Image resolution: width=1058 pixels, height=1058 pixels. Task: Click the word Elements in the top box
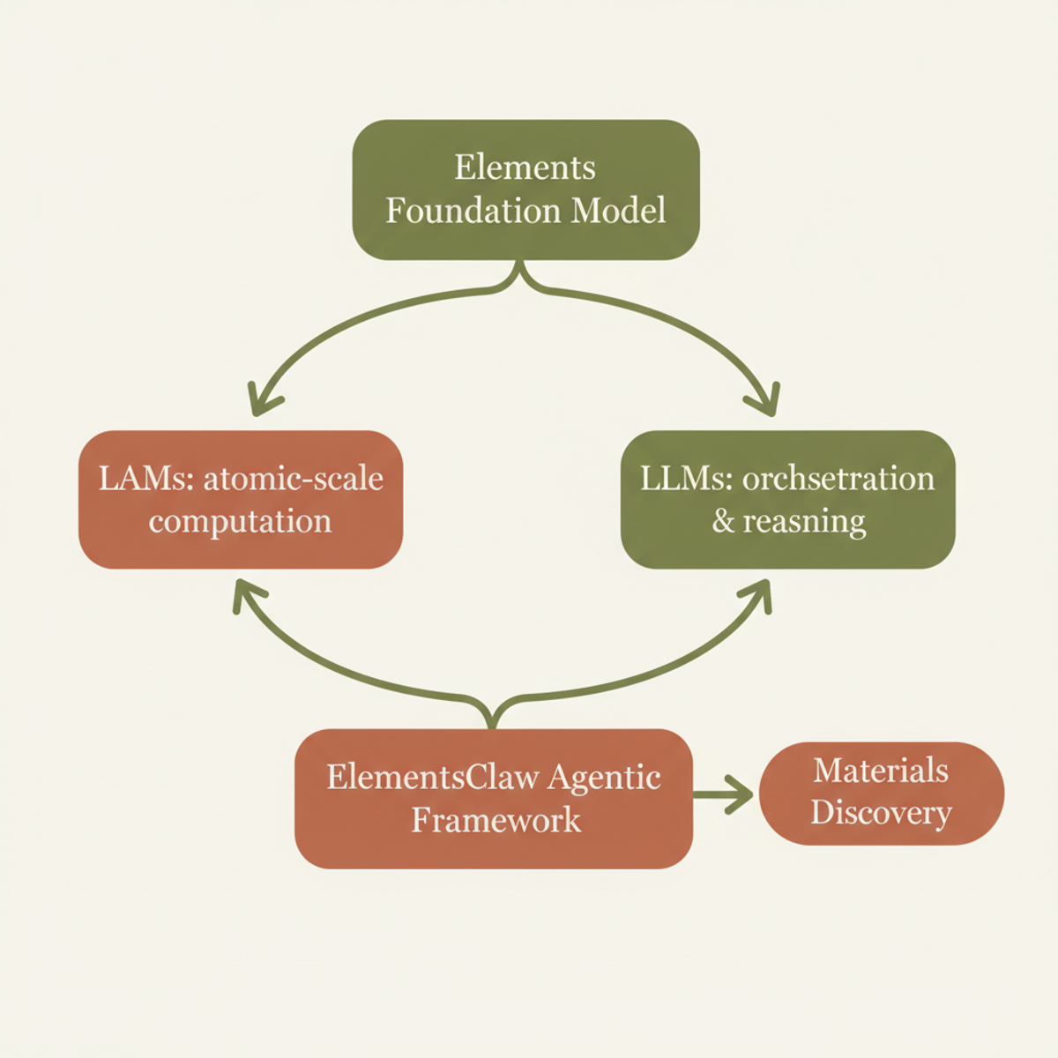[525, 168]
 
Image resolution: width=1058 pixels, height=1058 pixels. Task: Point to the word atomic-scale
[294, 478]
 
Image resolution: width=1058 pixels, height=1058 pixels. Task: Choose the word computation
[240, 521]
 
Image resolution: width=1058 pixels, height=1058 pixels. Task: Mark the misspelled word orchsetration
[838, 478]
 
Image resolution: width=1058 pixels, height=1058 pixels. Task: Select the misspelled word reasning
[804, 521]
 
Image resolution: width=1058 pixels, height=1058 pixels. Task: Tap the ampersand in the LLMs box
[723, 521]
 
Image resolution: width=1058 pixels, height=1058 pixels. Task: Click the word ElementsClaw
[432, 777]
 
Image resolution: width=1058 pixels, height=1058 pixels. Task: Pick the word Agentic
[604, 777]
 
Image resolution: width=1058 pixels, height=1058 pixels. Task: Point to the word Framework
[495, 820]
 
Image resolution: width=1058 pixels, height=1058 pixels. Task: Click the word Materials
[881, 771]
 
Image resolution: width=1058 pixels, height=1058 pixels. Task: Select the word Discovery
[881, 813]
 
